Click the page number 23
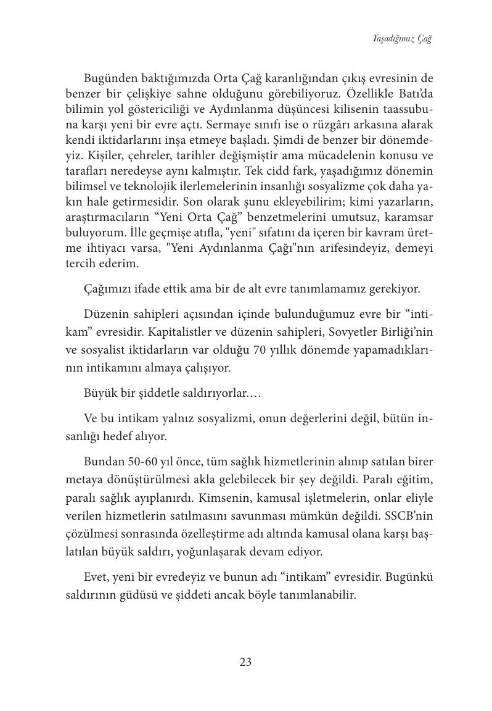pos(245,663)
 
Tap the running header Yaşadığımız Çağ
pos(401,39)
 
